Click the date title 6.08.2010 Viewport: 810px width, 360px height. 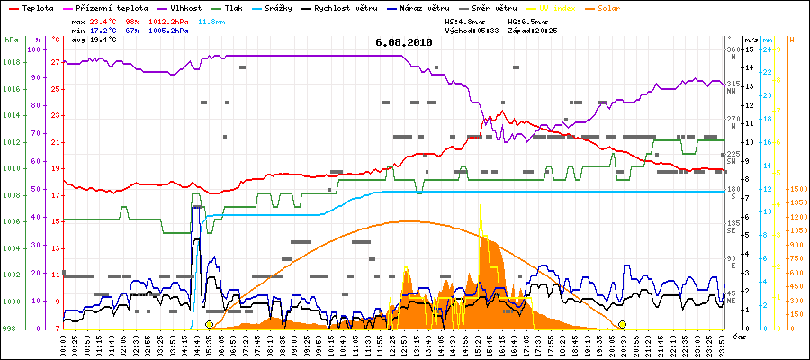[x=404, y=41]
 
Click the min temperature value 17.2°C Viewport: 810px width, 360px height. [x=103, y=30]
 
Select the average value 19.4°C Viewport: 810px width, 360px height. [x=103, y=40]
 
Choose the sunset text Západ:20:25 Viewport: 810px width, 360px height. [x=532, y=30]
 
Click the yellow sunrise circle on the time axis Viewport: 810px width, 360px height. [x=210, y=324]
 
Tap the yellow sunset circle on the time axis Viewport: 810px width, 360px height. [x=622, y=324]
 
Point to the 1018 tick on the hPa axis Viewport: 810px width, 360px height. [x=12, y=63]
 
